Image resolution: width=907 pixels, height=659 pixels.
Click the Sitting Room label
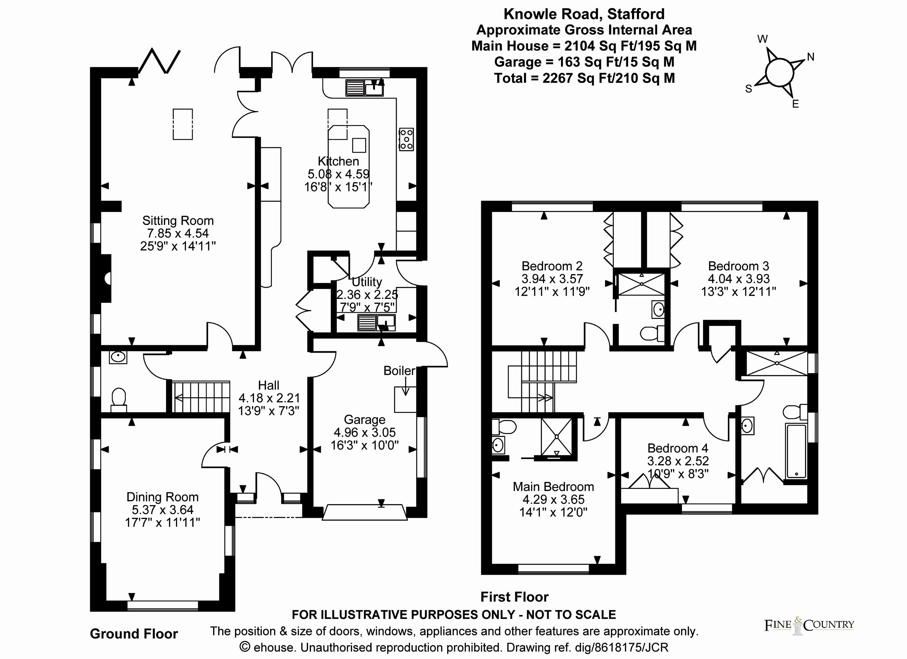tap(178, 220)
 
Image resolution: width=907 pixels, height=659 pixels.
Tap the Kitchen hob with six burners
tap(406, 139)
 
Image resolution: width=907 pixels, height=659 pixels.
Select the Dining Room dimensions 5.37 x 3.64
tap(163, 510)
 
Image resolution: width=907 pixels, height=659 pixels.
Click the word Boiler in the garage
tap(399, 371)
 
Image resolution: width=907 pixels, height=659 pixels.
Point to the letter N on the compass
tap(810, 57)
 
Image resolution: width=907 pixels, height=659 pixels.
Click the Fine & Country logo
tap(809, 625)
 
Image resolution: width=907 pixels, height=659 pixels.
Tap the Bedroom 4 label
tap(678, 448)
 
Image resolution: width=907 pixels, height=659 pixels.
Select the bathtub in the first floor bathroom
tap(796, 451)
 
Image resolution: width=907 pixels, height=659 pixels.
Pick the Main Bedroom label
tap(553, 486)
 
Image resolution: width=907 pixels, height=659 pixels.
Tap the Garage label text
tap(364, 419)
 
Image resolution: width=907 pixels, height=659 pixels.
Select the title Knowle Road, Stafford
tap(584, 14)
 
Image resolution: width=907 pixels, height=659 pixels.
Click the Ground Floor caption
tap(133, 634)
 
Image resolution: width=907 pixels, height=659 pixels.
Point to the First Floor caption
tap(514, 597)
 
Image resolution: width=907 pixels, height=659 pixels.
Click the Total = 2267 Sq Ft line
tap(584, 78)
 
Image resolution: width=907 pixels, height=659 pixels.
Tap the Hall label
tap(268, 385)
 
